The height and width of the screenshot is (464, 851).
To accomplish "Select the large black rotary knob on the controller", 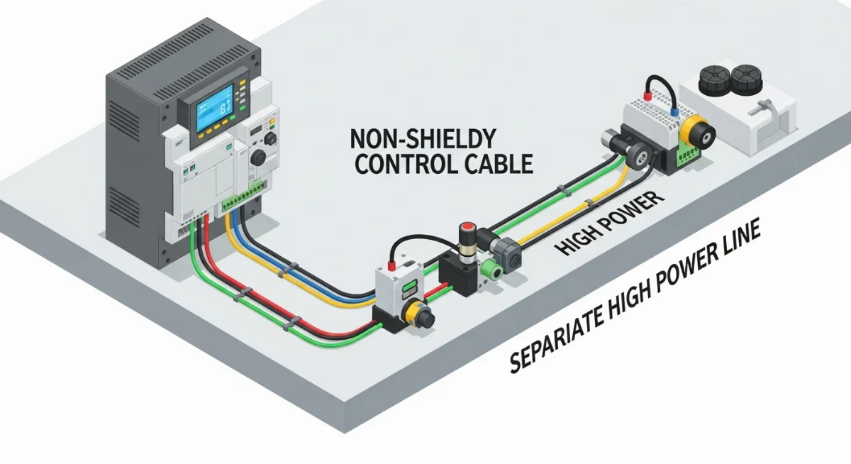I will [x=258, y=156].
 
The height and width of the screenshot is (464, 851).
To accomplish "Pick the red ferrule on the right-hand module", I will [x=646, y=94].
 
